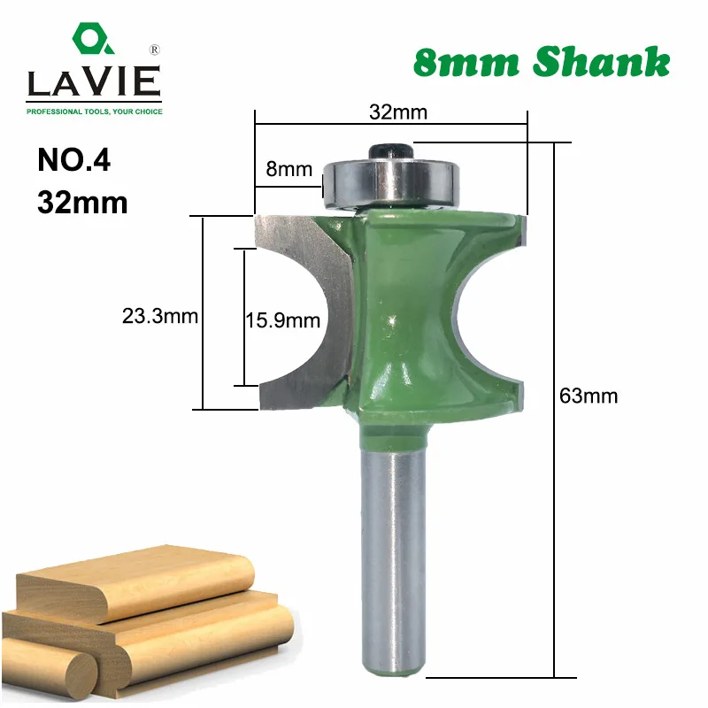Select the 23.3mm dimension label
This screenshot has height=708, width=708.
(x=159, y=315)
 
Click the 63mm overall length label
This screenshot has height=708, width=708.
(x=589, y=396)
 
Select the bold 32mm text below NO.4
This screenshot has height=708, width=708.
(x=83, y=203)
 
